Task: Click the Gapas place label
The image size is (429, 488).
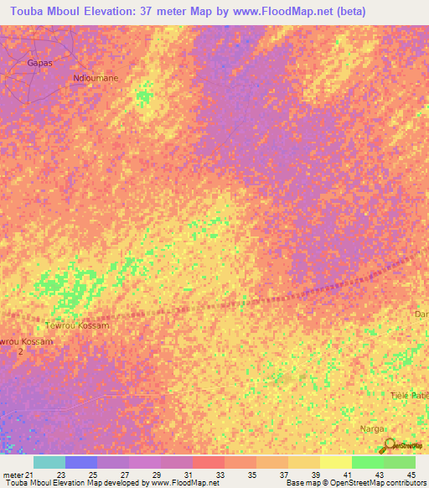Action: tap(40, 63)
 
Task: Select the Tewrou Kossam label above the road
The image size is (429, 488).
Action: tap(77, 324)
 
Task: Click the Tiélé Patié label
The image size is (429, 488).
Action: tap(409, 394)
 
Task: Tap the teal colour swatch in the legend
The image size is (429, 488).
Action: tap(49, 462)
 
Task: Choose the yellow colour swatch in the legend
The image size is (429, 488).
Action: tap(335, 462)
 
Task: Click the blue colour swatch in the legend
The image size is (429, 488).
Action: tap(81, 462)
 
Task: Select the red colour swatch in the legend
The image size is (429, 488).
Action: tap(209, 462)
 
